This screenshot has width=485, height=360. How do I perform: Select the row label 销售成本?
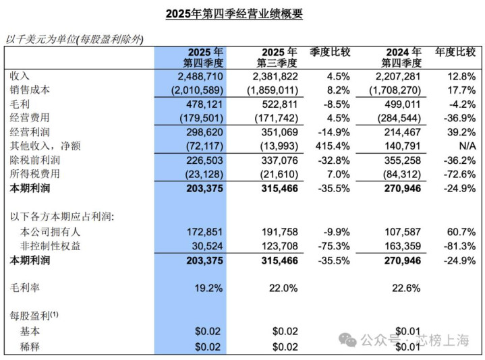point(30,90)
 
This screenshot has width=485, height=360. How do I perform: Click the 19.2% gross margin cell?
point(208,288)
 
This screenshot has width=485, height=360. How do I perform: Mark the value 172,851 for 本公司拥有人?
point(204,231)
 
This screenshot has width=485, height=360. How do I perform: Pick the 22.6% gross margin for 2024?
point(407,288)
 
